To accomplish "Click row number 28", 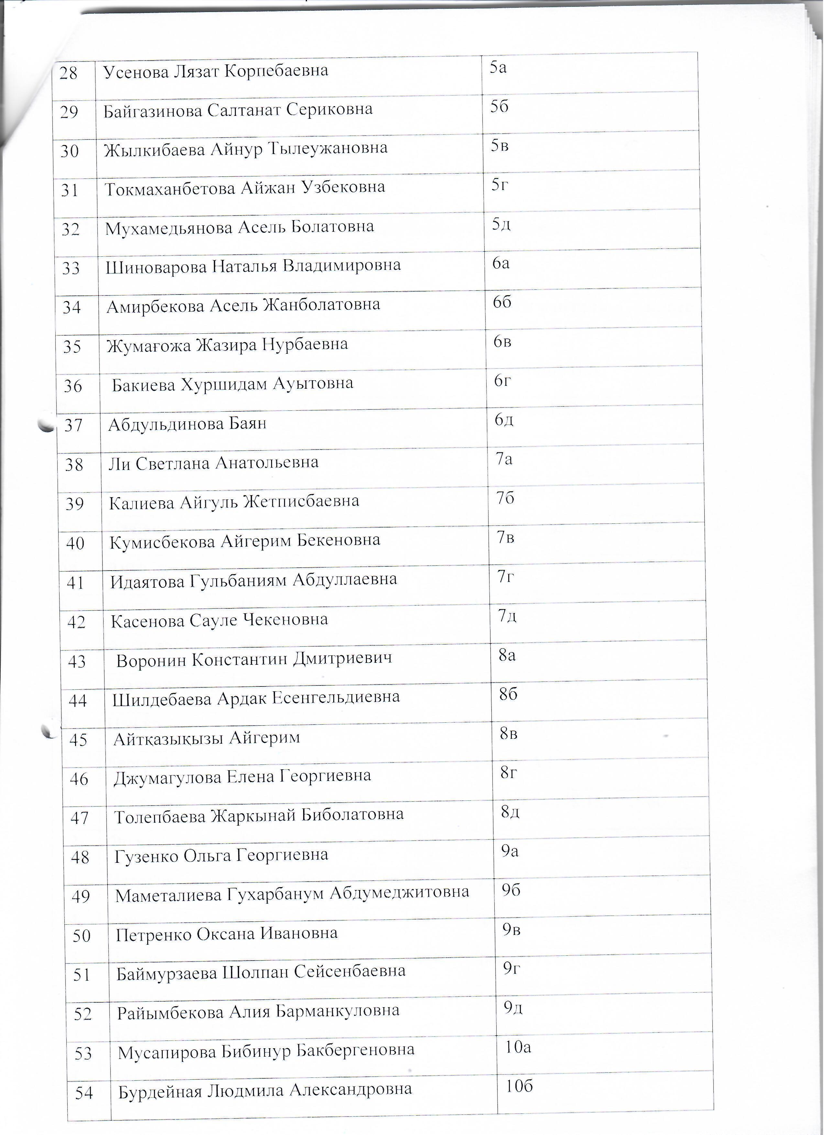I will coord(69,73).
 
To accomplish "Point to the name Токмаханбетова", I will coord(170,189).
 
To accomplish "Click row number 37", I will coord(73,425).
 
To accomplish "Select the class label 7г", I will coord(506,577).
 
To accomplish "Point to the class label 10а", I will coord(518,1047).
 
